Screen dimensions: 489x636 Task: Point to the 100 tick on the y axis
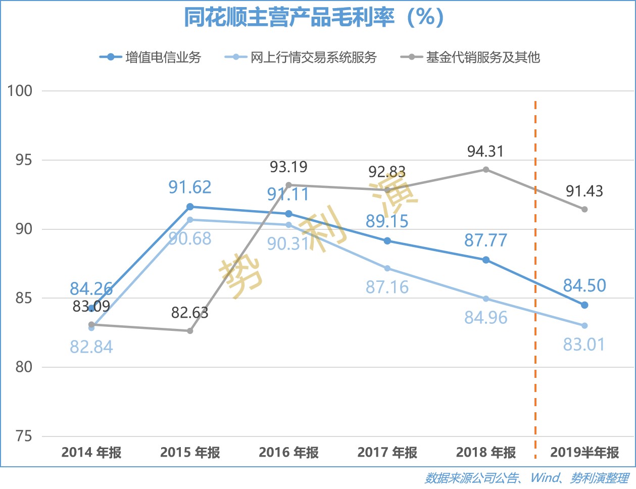[20, 91]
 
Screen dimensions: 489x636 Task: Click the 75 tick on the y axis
[24, 436]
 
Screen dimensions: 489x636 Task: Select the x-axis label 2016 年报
[288, 452]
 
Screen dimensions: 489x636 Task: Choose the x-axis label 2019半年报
[584, 452]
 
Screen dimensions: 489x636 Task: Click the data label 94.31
[485, 152]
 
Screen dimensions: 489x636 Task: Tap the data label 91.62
[190, 187]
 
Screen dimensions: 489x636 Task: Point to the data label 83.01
[584, 345]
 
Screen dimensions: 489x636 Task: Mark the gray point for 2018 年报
[486, 170]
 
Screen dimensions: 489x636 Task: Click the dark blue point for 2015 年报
[190, 207]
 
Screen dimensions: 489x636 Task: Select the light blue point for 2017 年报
[387, 268]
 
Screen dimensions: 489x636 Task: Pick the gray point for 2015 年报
[190, 331]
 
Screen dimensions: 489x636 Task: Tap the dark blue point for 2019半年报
[584, 305]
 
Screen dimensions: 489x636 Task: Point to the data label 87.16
[387, 287]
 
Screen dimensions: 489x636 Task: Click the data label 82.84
[91, 347]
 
